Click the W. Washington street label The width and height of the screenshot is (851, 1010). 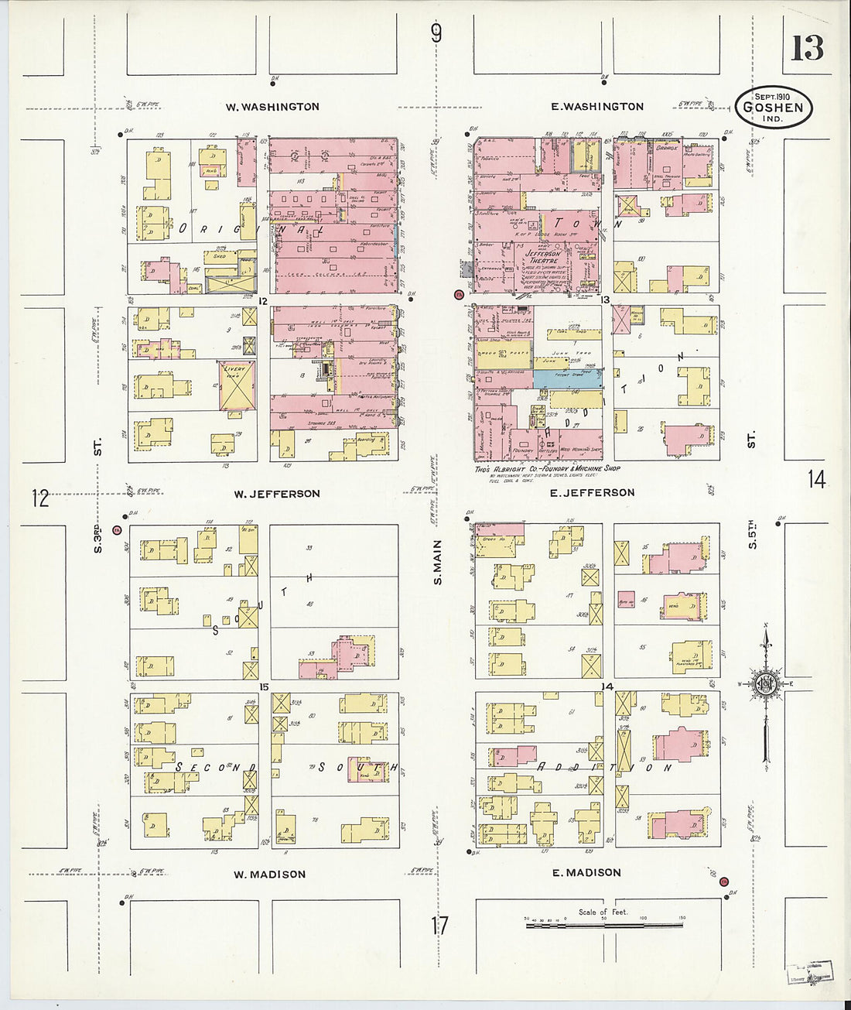[272, 107]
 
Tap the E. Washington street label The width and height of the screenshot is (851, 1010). [597, 106]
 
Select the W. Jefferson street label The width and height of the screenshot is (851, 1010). [277, 494]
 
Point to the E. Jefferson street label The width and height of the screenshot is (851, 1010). [592, 492]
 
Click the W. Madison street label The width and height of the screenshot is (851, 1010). [270, 874]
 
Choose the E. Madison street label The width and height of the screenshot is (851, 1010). [586, 872]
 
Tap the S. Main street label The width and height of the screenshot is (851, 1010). [438, 562]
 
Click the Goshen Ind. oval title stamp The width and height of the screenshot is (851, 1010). [774, 107]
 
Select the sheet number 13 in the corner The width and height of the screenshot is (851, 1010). [807, 49]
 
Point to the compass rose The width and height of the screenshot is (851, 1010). [765, 684]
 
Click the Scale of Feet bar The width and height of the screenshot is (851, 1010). [603, 924]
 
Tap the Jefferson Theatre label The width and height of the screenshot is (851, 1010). [542, 257]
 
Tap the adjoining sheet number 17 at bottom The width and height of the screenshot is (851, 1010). [439, 925]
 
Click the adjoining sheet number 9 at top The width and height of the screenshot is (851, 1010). [437, 33]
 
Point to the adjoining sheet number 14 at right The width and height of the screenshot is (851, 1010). [816, 479]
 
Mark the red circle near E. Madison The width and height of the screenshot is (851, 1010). [724, 882]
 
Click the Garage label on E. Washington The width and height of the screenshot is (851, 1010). [666, 147]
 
